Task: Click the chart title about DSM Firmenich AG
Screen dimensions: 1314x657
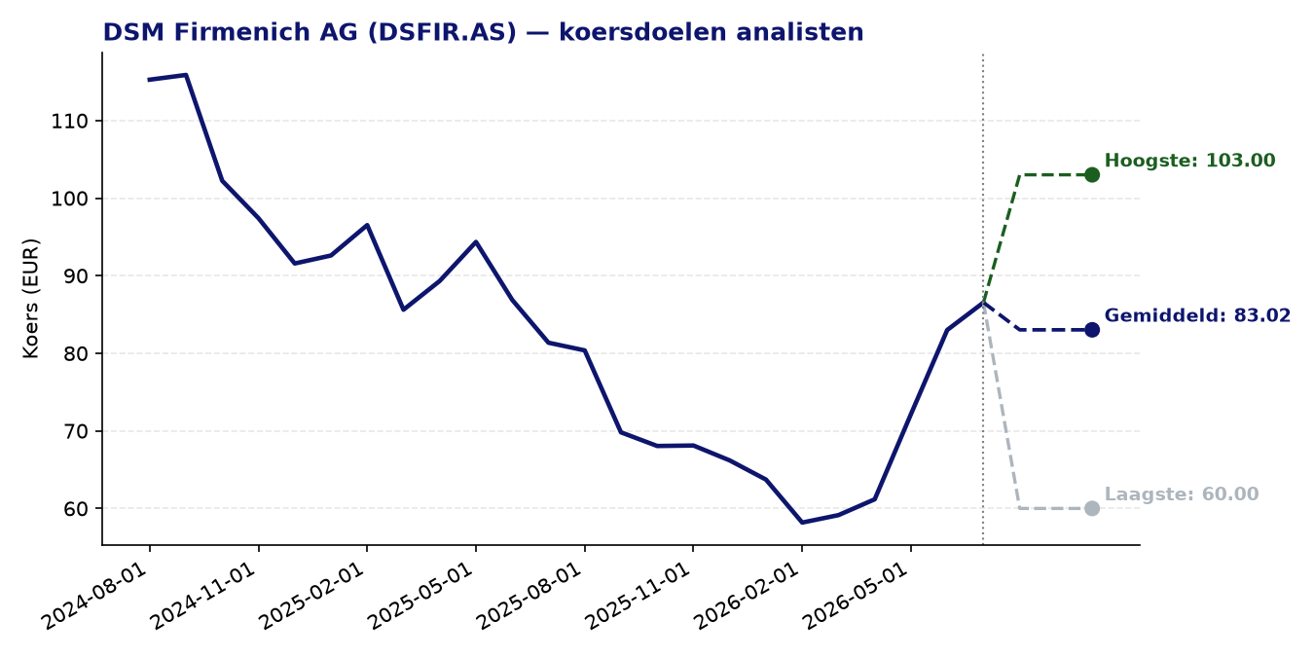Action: pos(483,32)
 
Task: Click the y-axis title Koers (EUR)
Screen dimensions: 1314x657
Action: pos(30,299)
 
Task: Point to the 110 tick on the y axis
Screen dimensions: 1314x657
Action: pos(69,122)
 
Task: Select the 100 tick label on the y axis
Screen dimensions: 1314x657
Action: pos(69,199)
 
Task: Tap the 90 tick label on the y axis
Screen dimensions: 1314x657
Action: pos(76,275)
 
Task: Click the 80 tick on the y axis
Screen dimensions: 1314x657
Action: pos(76,353)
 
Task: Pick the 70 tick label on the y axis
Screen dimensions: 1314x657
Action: pos(76,431)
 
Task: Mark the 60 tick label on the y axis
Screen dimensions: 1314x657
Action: pos(76,509)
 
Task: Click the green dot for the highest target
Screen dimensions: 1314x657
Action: pos(1092,175)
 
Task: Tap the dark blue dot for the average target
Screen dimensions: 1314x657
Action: pos(1092,330)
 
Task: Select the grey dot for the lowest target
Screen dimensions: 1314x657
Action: pos(1092,508)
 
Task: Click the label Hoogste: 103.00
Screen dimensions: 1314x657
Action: pos(1189,161)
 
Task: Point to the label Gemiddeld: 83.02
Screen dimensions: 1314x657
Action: pos(1197,315)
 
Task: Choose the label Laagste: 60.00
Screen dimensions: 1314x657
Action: pos(1182,493)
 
